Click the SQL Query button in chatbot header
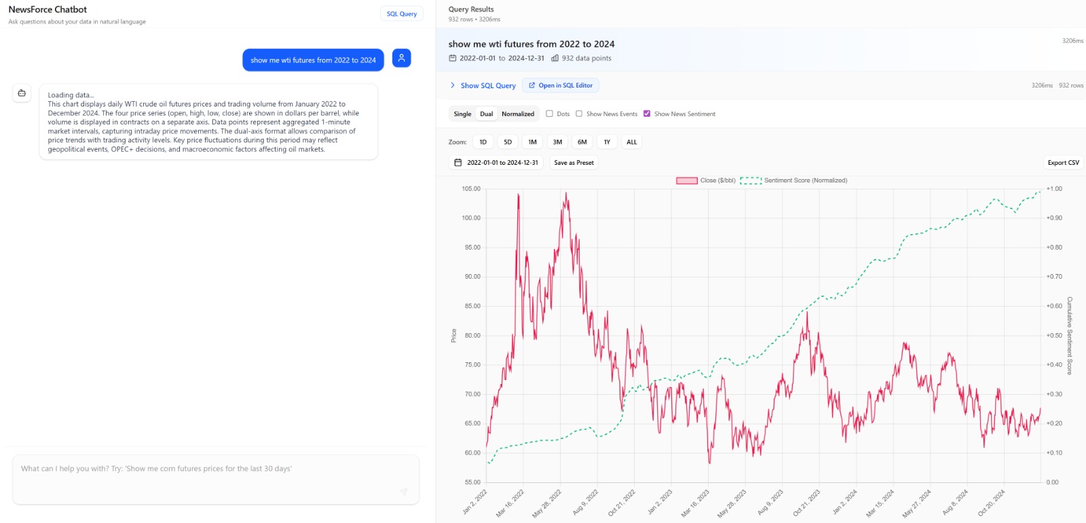point(402,14)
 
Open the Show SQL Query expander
point(483,85)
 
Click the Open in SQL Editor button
point(561,85)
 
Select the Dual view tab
point(487,114)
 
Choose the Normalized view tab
point(518,114)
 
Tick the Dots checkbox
point(550,114)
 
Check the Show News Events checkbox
point(579,114)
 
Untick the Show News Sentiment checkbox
point(647,114)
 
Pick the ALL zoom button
point(632,142)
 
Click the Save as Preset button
point(574,163)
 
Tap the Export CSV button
point(1063,163)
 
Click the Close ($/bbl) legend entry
point(706,180)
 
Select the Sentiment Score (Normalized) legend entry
point(794,180)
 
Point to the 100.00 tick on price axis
point(471,218)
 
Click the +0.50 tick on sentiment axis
point(1054,335)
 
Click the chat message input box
point(216,479)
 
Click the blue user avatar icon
point(402,58)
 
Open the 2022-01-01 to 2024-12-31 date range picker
point(496,163)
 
